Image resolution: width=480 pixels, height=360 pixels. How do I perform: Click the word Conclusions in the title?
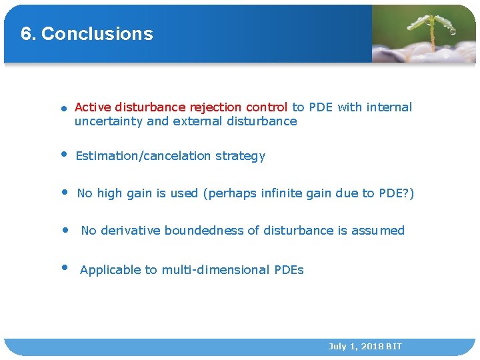pyautogui.click(x=97, y=34)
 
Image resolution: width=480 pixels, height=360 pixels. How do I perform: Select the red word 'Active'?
pyautogui.click(x=93, y=107)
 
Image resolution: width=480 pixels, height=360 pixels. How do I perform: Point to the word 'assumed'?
pyautogui.click(x=378, y=231)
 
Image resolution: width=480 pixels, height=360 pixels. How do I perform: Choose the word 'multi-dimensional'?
pyautogui.click(x=216, y=270)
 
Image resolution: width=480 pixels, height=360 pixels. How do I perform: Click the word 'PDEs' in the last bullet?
pyautogui.click(x=289, y=270)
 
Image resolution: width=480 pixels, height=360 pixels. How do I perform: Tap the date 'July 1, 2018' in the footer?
pyautogui.click(x=355, y=347)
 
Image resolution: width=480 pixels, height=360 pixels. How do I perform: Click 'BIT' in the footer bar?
pyautogui.click(x=393, y=347)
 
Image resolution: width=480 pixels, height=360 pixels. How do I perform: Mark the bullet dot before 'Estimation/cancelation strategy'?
pyautogui.click(x=64, y=154)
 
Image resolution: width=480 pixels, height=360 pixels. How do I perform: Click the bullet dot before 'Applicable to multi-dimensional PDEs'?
pyautogui.click(x=65, y=267)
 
